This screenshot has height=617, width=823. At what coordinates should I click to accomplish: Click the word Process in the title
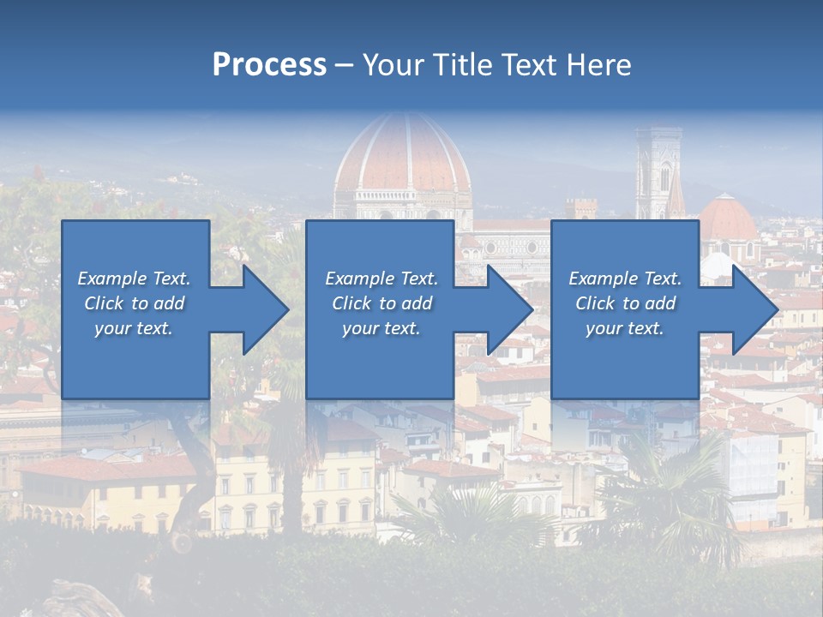coord(269,65)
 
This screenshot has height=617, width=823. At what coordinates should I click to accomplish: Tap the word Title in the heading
coord(463,65)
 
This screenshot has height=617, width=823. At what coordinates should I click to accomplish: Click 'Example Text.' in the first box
coord(134,279)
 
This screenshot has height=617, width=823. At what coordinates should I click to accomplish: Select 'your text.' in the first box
coord(134,328)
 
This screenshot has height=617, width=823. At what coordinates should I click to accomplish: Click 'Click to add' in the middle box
coord(381,303)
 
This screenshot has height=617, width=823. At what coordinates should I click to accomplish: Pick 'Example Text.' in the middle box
coord(381,279)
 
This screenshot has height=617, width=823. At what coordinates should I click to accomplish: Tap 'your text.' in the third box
coord(625,328)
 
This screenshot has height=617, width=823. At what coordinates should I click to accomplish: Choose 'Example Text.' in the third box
coord(625,279)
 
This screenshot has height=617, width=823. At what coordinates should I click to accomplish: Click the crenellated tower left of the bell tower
coord(580,207)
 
